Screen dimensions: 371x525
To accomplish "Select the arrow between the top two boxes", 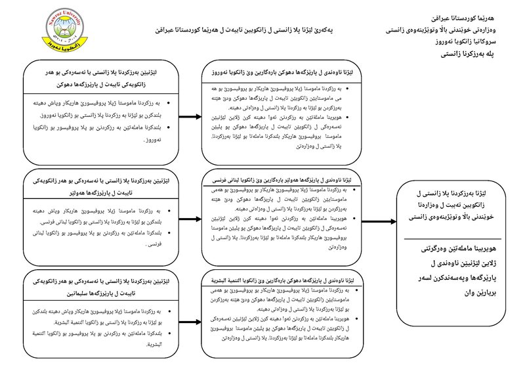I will [x=190, y=118].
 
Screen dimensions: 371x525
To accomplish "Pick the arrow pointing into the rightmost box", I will [x=385, y=225].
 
